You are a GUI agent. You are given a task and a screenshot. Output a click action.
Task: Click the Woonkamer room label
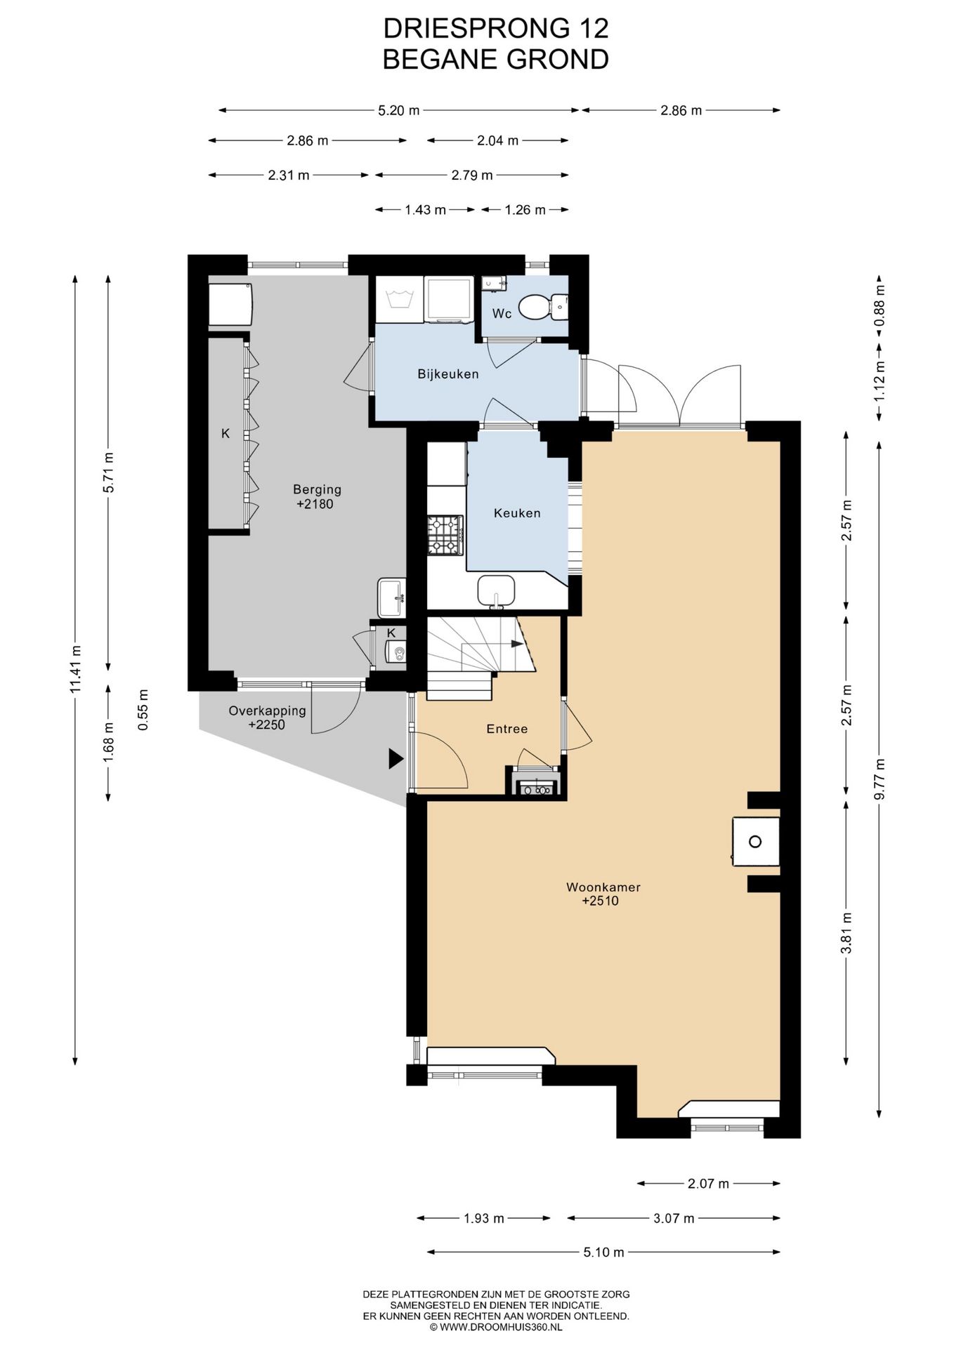click(603, 887)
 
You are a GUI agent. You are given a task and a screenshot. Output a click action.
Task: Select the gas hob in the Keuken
click(445, 536)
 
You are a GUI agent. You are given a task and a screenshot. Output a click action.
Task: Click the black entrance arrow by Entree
click(396, 758)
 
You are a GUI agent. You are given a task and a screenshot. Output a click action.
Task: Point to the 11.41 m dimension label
click(76, 669)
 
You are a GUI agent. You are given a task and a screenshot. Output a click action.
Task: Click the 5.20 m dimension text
click(398, 110)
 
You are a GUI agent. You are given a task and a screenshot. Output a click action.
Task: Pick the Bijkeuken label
click(448, 374)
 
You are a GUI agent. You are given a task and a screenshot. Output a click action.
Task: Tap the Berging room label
click(317, 489)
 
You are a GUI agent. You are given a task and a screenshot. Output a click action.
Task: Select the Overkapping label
click(267, 711)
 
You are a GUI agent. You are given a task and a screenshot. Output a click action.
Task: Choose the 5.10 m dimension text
click(603, 1252)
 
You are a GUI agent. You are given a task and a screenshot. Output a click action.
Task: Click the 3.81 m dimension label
click(847, 933)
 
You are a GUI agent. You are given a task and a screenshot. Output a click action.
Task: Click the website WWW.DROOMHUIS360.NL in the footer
click(501, 1327)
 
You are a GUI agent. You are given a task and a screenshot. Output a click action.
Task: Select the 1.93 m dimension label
click(484, 1218)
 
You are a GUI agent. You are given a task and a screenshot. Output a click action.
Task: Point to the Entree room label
click(507, 729)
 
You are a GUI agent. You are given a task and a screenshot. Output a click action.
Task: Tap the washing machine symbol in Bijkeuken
click(400, 300)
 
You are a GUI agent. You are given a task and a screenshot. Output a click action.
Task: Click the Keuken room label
click(517, 513)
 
